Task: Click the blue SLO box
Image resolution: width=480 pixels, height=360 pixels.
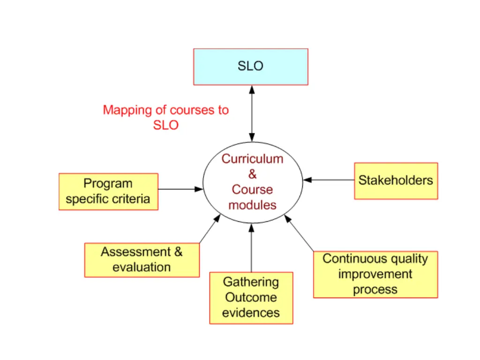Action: click(251, 67)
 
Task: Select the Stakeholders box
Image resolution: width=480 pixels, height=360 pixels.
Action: click(396, 181)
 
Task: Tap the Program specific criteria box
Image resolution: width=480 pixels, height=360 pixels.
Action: click(108, 191)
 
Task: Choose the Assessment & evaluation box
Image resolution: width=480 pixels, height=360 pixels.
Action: click(142, 260)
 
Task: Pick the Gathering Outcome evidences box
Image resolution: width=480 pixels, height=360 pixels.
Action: click(251, 298)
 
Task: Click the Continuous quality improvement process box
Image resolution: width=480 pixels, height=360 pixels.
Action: click(375, 274)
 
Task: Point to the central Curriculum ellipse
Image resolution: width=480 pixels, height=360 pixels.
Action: click(253, 182)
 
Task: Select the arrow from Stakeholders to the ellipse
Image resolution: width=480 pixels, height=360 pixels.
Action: click(328, 180)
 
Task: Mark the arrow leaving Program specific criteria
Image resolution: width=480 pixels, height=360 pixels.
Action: click(180, 189)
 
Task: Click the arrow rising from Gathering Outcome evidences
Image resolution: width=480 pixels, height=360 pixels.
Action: click(251, 248)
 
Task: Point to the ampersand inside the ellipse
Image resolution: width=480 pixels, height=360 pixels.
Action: click(253, 174)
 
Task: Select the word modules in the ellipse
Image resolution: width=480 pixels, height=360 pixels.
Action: click(253, 205)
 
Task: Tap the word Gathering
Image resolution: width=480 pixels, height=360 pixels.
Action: click(251, 282)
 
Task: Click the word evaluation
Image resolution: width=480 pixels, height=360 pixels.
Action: click(142, 268)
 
